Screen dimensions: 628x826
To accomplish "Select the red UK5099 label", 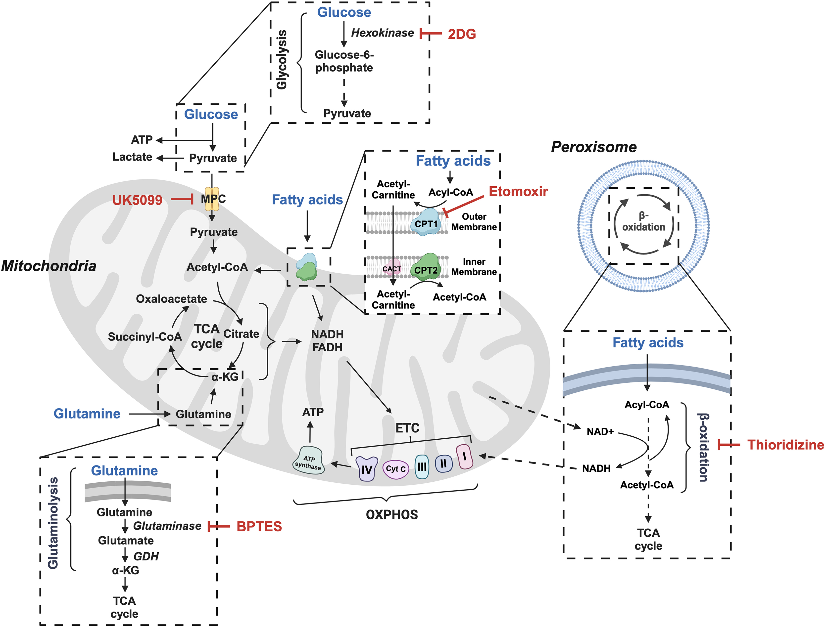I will click(x=137, y=200).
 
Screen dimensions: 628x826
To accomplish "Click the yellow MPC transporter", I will click(x=212, y=199).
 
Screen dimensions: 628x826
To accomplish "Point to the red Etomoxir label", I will click(x=518, y=191).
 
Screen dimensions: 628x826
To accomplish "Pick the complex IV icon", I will click(x=367, y=469).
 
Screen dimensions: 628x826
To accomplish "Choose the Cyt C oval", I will click(x=395, y=469).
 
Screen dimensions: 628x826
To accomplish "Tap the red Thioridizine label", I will click(x=785, y=445).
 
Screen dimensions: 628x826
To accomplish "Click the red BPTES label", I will click(x=259, y=526).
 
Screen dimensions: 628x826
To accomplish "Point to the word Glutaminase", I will click(x=167, y=526).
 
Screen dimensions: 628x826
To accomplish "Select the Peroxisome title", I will click(x=594, y=147).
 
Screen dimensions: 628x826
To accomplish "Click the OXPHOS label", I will click(x=392, y=514).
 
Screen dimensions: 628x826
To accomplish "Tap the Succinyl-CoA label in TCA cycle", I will click(x=145, y=336).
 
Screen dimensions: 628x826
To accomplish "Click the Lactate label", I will click(x=132, y=157).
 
